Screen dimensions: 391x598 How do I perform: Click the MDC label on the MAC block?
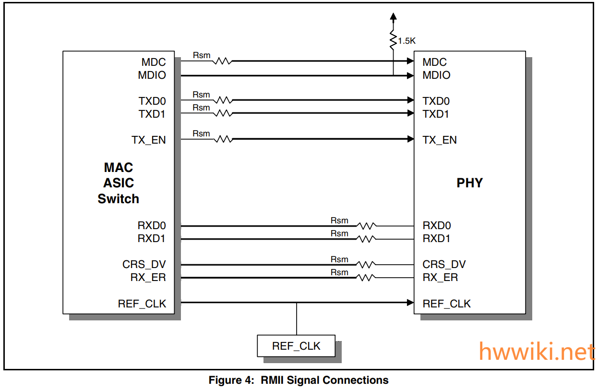click(x=153, y=62)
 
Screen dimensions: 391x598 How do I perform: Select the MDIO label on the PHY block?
click(x=436, y=75)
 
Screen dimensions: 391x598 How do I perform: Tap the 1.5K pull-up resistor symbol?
click(x=394, y=41)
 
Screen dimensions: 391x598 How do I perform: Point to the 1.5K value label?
click(x=407, y=41)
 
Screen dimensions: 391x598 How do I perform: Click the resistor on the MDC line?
click(x=223, y=61)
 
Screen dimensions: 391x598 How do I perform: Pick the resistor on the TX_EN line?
click(x=223, y=139)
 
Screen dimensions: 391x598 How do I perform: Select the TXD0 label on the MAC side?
click(x=152, y=101)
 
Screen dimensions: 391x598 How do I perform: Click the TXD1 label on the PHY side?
click(x=436, y=114)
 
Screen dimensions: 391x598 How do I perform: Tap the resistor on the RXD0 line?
click(x=366, y=225)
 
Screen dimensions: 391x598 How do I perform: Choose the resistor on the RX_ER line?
click(x=366, y=277)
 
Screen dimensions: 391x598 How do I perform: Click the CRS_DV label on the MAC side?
click(x=144, y=264)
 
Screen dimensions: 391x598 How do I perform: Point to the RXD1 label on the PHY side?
click(x=436, y=238)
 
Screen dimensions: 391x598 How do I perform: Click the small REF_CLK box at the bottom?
click(x=296, y=346)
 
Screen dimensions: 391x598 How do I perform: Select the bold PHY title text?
click(x=469, y=183)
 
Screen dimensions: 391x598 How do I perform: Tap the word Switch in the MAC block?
click(x=118, y=199)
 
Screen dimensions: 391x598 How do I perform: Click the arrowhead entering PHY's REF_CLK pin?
click(x=410, y=303)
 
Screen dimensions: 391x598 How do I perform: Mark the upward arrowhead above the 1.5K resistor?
click(x=394, y=17)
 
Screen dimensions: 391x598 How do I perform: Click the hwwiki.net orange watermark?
click(x=537, y=352)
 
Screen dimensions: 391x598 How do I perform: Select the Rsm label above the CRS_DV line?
click(x=339, y=259)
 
